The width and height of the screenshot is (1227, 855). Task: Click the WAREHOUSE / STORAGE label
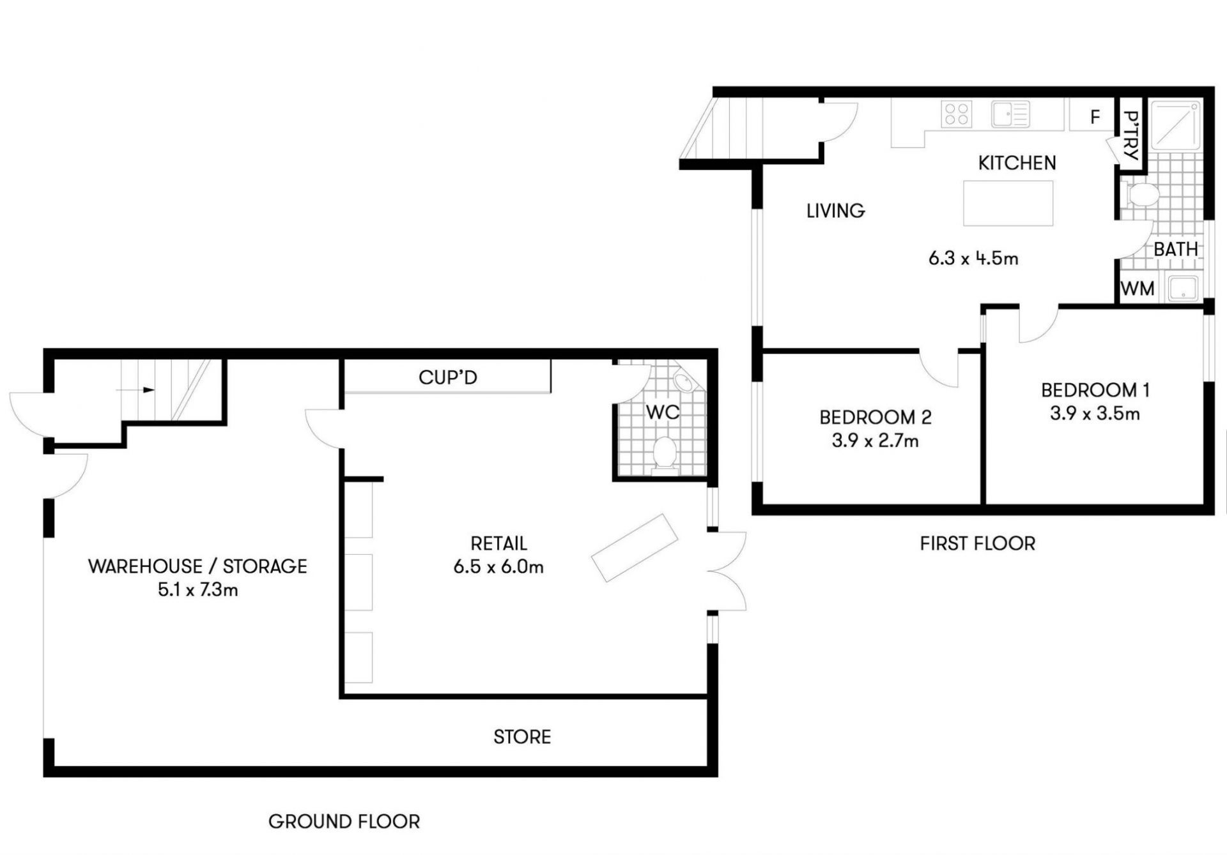(x=197, y=566)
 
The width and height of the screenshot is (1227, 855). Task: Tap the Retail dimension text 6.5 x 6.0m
(x=498, y=566)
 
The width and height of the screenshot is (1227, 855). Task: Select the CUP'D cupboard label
(x=448, y=377)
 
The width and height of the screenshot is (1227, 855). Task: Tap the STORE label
(x=522, y=737)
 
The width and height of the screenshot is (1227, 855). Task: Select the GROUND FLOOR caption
(x=344, y=822)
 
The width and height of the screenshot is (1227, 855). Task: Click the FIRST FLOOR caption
(x=978, y=543)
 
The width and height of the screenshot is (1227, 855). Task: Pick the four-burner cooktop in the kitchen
(x=957, y=114)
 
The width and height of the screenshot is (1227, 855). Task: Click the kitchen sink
(x=1010, y=114)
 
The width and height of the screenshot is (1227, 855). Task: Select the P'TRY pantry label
(x=1131, y=135)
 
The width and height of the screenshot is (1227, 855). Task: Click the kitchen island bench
(x=1008, y=203)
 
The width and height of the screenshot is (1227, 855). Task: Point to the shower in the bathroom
(x=1176, y=125)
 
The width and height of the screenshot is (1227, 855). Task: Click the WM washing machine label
(x=1138, y=289)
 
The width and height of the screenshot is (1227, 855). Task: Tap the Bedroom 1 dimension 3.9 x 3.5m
(x=1095, y=414)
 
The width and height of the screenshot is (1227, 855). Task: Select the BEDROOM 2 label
(x=876, y=418)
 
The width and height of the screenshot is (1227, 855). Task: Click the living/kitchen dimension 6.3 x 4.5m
(x=973, y=259)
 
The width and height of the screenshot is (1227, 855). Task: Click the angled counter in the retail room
(x=635, y=548)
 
